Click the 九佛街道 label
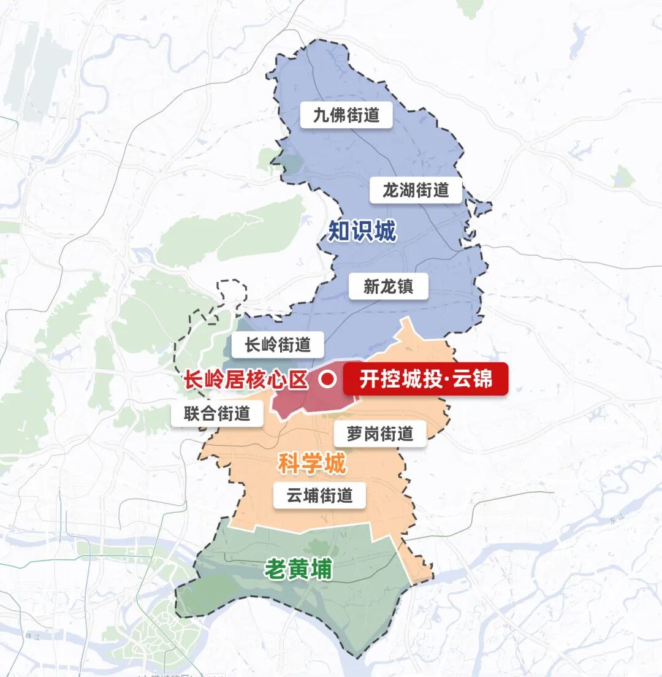pos(346,115)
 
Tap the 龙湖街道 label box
pos(416,190)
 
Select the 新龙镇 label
pos(389,286)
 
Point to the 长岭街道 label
pos(278,345)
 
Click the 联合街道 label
pos(217,414)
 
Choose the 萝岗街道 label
pos(380,434)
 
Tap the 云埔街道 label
pos(319,495)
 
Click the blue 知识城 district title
pos(362,232)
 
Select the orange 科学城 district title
pos(311,464)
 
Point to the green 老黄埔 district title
pos(298,570)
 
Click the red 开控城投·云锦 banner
pos(425,380)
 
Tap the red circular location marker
pos(327,380)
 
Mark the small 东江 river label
pos(615,519)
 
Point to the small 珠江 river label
pos(32,635)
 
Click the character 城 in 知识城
pos(384,232)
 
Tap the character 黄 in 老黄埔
pos(298,570)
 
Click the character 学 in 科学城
pos(311,464)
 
